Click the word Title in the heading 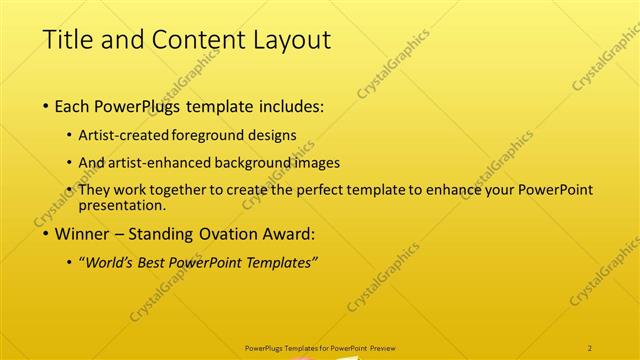(68, 40)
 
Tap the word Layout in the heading (289, 40)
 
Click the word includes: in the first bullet (291, 106)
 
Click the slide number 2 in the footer (590, 347)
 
